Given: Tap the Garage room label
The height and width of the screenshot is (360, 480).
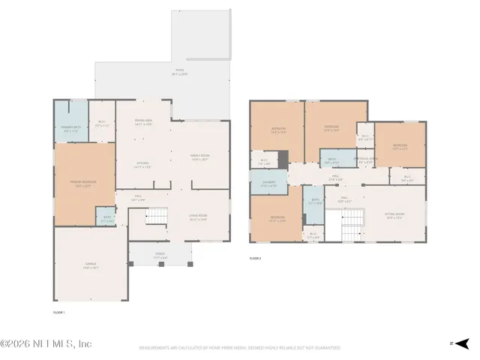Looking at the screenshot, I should click(x=90, y=265).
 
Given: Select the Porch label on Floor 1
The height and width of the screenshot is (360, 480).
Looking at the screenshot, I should click(x=160, y=257).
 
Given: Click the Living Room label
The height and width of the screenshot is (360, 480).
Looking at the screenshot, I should click(x=198, y=217).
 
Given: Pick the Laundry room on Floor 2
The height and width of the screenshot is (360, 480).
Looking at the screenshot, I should click(x=268, y=184).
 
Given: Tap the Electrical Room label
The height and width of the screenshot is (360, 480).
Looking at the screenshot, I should click(x=365, y=160).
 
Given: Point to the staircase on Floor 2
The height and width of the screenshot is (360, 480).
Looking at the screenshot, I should click(x=351, y=223).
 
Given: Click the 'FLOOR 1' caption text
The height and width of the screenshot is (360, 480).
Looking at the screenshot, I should click(x=58, y=311).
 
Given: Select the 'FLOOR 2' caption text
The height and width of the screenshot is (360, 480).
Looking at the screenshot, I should click(x=256, y=258).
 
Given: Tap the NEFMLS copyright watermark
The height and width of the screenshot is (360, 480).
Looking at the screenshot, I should click(x=46, y=343).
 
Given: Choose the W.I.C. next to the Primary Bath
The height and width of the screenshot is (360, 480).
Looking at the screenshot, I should click(x=101, y=124).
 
